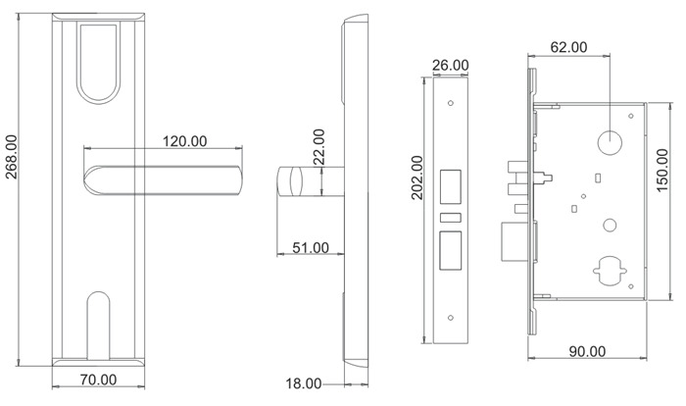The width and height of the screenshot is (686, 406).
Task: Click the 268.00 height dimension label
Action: (x=12, y=157)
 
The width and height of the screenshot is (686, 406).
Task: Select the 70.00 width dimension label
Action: (x=98, y=380)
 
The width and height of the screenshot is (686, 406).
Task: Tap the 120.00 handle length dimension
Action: (x=184, y=141)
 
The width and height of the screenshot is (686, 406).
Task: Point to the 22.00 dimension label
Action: (x=319, y=147)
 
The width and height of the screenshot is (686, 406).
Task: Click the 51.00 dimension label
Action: (x=311, y=248)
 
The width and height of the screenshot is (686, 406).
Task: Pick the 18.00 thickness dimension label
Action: (x=304, y=384)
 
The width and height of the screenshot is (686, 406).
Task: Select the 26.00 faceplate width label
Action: (x=450, y=66)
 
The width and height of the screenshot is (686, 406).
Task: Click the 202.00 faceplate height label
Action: (x=417, y=178)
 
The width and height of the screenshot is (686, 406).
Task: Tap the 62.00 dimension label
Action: (x=568, y=47)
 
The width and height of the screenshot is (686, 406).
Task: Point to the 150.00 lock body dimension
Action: (x=662, y=170)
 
